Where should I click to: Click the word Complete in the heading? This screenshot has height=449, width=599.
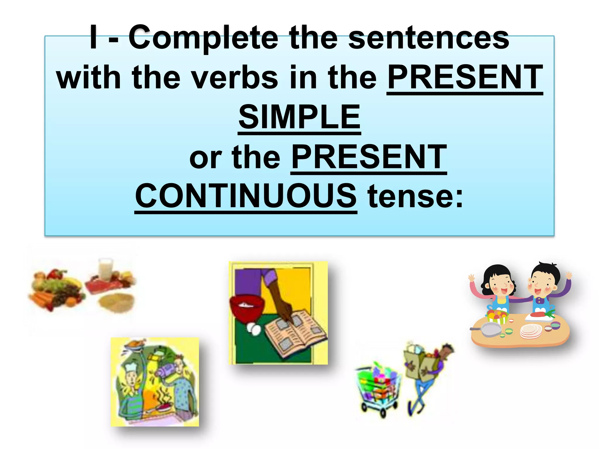point(203,38)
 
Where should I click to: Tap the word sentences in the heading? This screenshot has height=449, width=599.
point(429,38)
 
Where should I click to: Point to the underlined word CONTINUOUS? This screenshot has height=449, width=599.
point(246,196)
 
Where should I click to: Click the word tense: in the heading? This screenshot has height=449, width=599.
point(415,196)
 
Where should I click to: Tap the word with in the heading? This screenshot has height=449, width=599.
point(89,78)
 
